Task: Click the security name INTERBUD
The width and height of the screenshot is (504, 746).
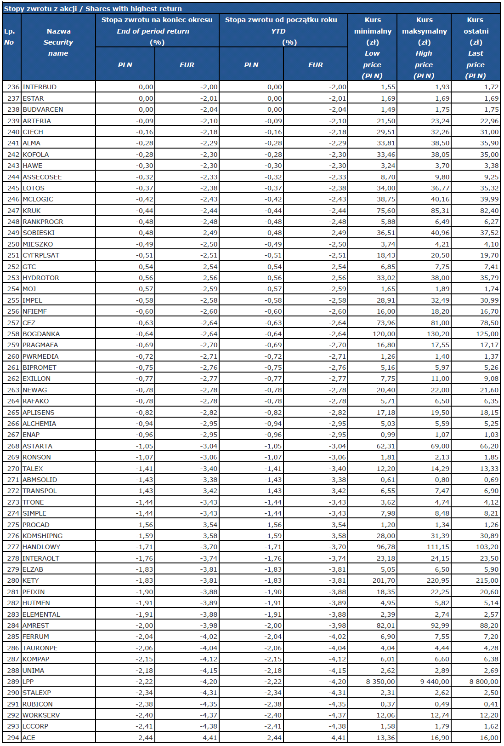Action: (x=40, y=87)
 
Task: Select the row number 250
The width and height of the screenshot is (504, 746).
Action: (x=13, y=244)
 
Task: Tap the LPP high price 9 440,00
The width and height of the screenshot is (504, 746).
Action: (x=435, y=682)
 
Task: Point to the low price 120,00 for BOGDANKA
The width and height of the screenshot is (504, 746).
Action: (x=384, y=334)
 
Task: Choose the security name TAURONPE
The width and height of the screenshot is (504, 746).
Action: (x=40, y=648)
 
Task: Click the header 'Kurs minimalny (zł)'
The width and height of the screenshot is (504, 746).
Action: (x=373, y=31)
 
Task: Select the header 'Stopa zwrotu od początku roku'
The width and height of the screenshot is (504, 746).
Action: (x=281, y=20)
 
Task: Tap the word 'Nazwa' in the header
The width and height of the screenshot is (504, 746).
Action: (x=59, y=31)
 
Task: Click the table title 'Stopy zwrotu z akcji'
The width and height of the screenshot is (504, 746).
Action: (x=40, y=9)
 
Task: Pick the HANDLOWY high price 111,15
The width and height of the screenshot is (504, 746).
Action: (x=438, y=547)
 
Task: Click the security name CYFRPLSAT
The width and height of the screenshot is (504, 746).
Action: (x=41, y=255)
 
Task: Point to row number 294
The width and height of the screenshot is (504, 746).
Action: (x=13, y=738)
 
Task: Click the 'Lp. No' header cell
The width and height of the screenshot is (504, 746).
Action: (x=9, y=37)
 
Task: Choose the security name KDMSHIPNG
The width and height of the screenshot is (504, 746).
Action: (x=42, y=536)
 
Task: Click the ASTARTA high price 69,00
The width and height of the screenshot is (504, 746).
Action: (x=440, y=446)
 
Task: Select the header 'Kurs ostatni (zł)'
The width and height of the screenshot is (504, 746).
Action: (x=476, y=31)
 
